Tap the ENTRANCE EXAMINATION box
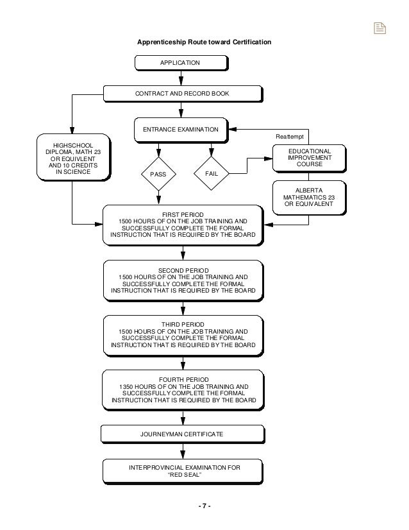(181, 129)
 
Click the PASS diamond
(158, 173)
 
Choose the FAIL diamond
(211, 173)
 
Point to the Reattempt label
(290, 137)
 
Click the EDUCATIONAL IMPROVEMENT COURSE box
(310, 157)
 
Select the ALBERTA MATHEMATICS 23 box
(309, 197)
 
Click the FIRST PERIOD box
(183, 226)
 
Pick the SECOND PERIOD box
(183, 280)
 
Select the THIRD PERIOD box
(183, 335)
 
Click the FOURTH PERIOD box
(183, 390)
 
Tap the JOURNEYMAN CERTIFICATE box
(182, 434)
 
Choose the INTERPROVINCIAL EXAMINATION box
(183, 472)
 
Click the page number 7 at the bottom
(204, 506)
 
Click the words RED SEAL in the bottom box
(183, 476)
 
